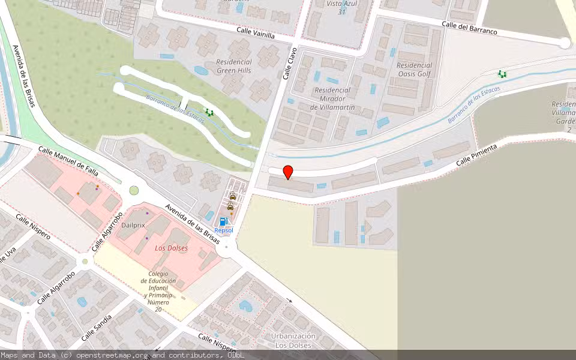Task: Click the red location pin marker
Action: (288, 172)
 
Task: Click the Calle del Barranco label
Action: (469, 28)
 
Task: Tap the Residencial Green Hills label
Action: (234, 66)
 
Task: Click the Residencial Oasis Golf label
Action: (414, 70)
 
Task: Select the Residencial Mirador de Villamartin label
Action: (332, 98)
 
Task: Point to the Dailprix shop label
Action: (133, 225)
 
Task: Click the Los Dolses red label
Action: (171, 248)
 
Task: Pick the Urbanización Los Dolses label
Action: (293, 340)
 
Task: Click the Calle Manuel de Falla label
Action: (68, 160)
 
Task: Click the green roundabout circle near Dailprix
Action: (134, 191)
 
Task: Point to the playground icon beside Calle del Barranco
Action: (502, 74)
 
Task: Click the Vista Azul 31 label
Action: (342, 8)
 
